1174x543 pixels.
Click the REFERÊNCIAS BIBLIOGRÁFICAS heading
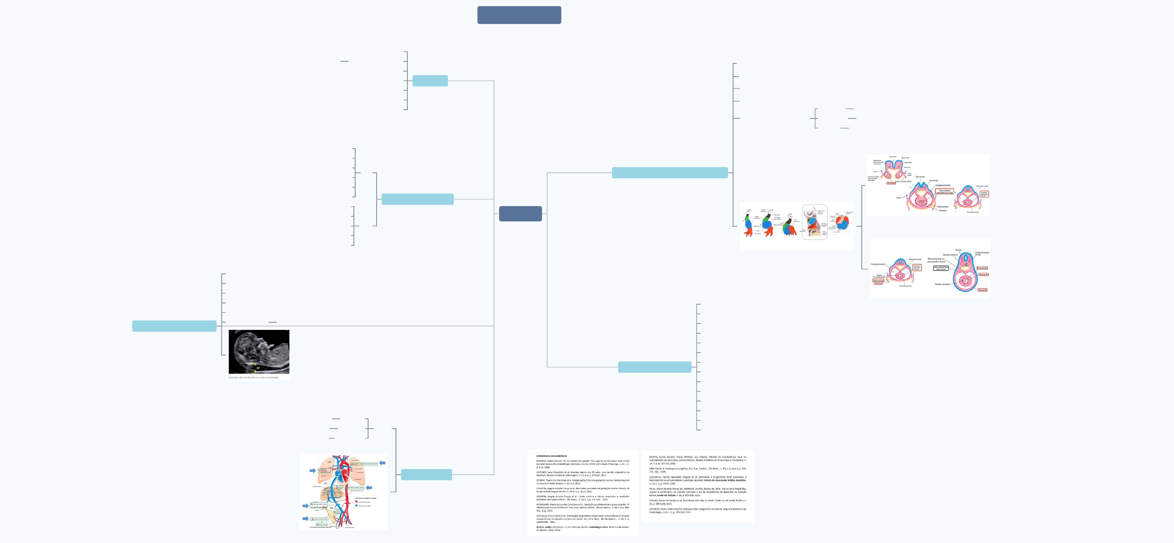pos(552,456)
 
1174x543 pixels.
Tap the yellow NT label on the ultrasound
pos(258,368)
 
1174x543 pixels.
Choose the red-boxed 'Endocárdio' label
pos(982,268)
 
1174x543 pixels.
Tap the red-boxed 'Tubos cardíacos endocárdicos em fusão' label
pos(944,192)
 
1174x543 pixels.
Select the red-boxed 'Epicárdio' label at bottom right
pos(983,290)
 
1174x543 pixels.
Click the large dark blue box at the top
pos(519,15)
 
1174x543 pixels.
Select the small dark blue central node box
pos(520,214)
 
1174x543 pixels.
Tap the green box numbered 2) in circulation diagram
pos(365,464)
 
